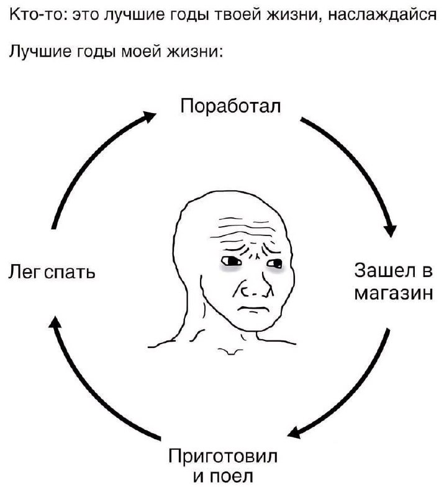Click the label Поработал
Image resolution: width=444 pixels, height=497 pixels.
pos(231,106)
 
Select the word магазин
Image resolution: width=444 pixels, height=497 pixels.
pos(393,294)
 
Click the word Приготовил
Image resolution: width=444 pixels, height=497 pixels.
pos(223,456)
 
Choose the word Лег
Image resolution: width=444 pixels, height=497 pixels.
pos(24,272)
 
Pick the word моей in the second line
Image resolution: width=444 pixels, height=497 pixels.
pos(142,51)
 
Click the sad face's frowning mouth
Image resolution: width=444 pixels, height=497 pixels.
pos(253,308)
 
